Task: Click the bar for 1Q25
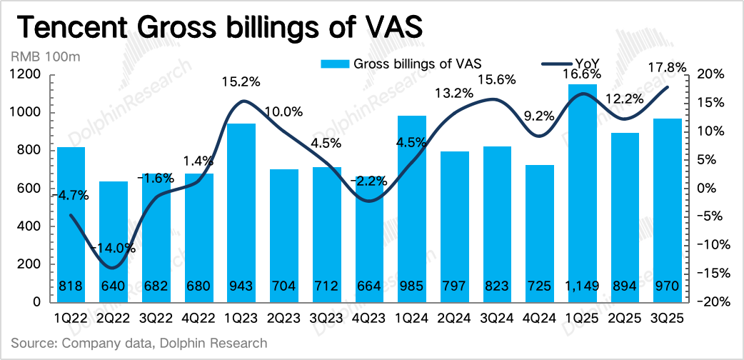[583, 193]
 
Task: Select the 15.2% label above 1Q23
[241, 81]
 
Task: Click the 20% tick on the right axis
[710, 74]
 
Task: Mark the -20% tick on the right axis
[708, 302]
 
